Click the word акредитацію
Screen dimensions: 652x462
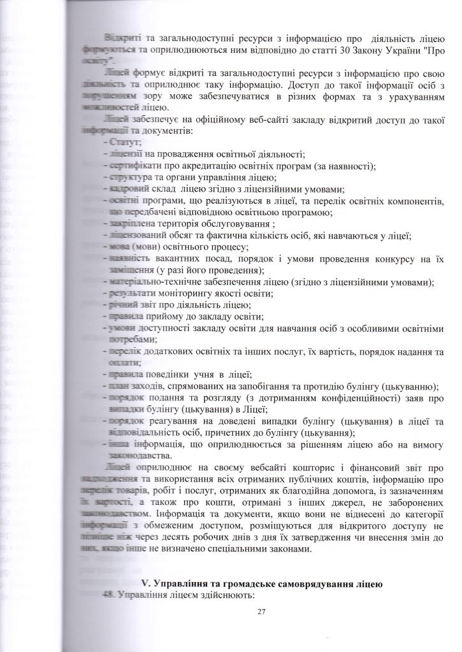[x=205, y=166]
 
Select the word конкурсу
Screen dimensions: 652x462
[x=387, y=258]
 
